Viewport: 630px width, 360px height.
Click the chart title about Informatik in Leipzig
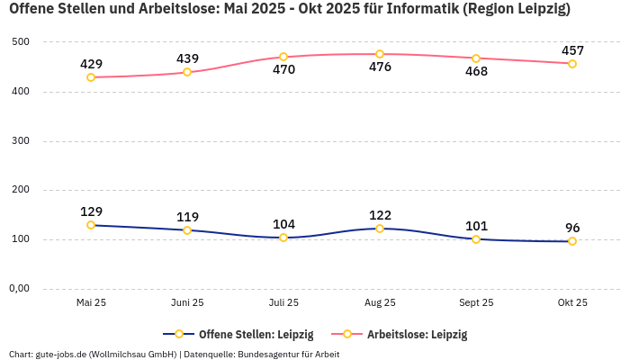289,9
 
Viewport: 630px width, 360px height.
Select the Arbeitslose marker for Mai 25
91,77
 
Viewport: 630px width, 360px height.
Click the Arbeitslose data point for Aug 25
380,54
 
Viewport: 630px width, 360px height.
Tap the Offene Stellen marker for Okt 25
572,241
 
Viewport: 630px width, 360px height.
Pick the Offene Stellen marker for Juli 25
283,238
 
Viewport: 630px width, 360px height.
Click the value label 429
91,64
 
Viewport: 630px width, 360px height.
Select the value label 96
572,228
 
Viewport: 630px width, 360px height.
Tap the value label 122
380,215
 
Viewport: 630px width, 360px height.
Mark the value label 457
572,50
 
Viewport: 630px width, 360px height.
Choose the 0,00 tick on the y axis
18,289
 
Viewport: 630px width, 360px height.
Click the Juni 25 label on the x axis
187,303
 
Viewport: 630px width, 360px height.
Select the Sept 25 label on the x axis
476,303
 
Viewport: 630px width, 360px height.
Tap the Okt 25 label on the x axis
572,303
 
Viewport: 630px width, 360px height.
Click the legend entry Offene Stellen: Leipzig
256,335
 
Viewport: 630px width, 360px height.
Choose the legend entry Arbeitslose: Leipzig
417,335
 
